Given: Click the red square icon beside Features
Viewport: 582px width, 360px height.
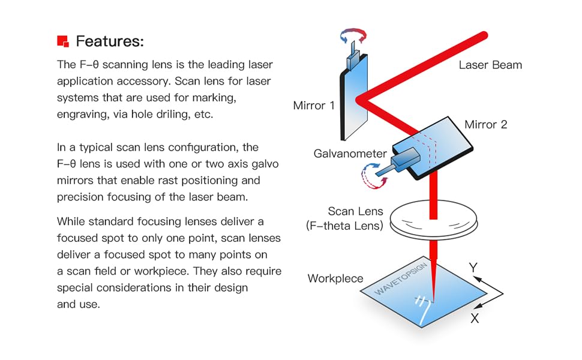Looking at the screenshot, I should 62,41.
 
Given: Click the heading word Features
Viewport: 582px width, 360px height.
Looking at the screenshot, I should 110,41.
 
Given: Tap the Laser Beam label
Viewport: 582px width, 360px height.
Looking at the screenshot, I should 490,65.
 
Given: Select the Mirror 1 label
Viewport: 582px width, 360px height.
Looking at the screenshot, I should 313,106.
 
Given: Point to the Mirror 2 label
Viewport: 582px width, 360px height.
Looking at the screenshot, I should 486,125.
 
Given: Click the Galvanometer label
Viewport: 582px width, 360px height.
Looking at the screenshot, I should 350,154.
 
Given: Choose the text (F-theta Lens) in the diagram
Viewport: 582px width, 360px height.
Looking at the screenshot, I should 344,226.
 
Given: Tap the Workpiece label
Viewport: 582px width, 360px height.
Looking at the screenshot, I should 335,278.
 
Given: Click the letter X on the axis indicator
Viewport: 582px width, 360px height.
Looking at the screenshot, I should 475,318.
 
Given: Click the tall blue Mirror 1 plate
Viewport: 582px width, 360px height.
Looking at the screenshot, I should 354,102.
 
